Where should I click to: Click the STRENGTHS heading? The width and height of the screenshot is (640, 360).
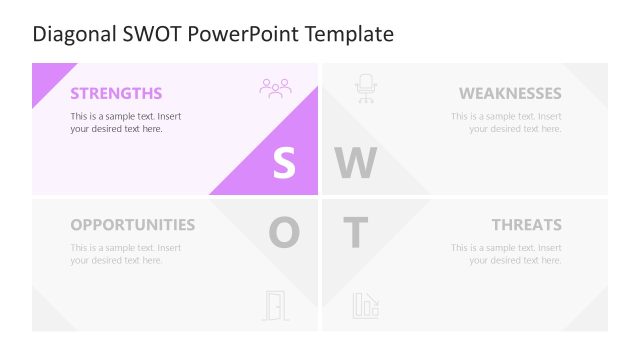116,94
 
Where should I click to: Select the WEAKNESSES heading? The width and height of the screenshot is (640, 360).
510,94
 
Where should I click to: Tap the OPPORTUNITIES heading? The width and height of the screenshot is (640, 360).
133,225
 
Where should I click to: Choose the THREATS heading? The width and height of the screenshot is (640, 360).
526,225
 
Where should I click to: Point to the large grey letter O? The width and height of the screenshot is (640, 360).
284,234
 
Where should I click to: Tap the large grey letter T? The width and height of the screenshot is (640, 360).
355,234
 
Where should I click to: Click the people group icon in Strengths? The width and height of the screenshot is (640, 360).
275,88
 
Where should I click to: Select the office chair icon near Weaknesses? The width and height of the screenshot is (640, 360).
365,89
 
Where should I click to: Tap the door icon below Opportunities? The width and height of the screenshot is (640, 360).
275,305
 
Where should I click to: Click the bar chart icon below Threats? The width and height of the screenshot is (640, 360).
365,305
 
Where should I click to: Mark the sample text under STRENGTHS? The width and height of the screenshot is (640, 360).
125,122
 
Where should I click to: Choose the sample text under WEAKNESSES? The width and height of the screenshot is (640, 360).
506,122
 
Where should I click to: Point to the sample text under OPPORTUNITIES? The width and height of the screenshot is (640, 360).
125,254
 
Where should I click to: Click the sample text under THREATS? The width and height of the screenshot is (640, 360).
506,254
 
